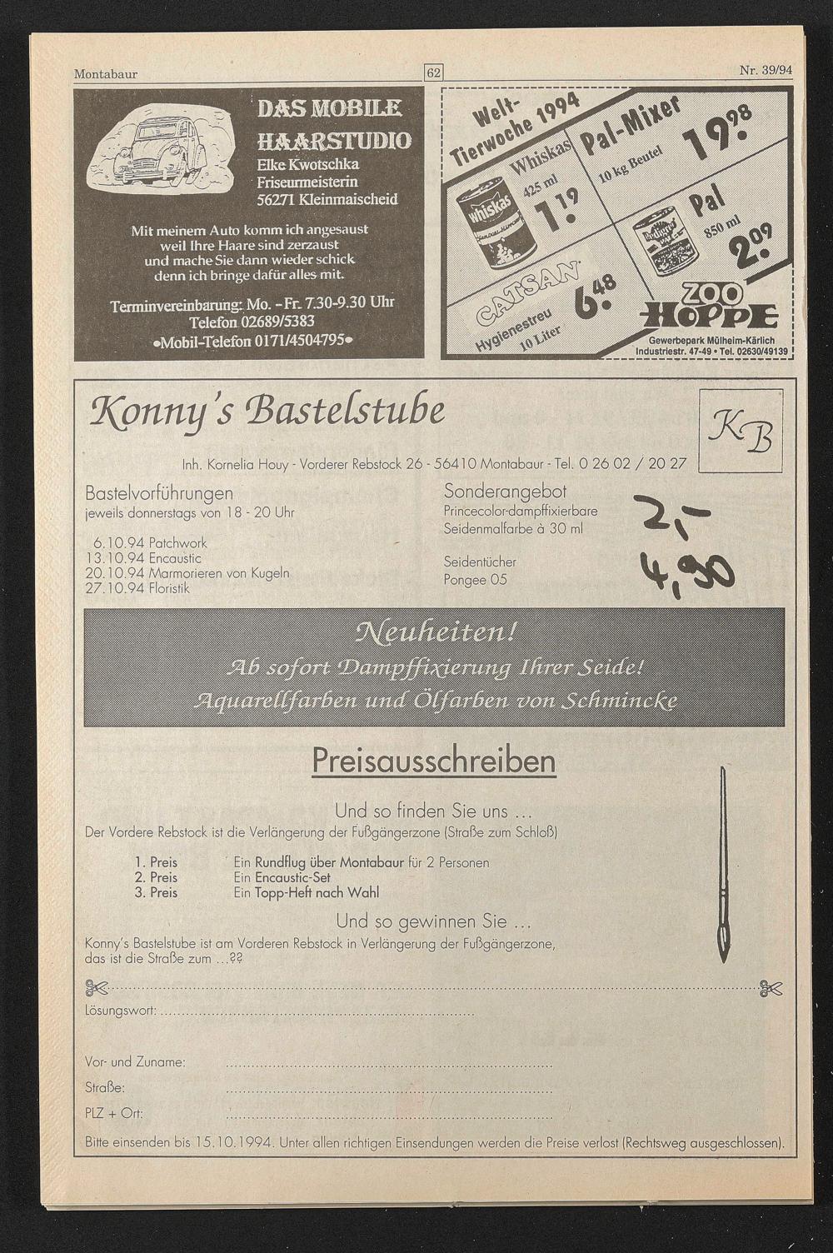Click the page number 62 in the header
pyautogui.click(x=434, y=72)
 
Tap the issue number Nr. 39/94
pyautogui.click(x=765, y=70)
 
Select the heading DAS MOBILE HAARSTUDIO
pyautogui.click(x=333, y=123)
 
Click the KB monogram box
pyautogui.click(x=740, y=432)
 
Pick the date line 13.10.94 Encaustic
pyautogui.click(x=143, y=558)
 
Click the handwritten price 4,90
pyautogui.click(x=687, y=572)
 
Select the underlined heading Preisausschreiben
pyautogui.click(x=434, y=761)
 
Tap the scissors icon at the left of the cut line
pyautogui.click(x=97, y=988)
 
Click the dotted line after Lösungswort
pyautogui.click(x=317, y=1014)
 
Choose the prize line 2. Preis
pyautogui.click(x=157, y=877)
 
